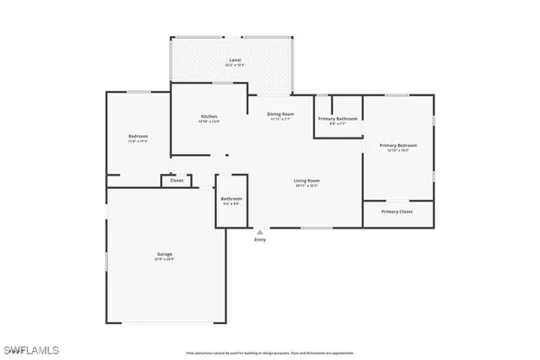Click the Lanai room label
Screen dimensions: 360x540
(234, 59)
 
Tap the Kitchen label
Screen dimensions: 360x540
(209, 117)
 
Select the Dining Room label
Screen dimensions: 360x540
(281, 113)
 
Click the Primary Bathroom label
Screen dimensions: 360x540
(338, 119)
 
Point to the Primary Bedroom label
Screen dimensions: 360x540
(398, 145)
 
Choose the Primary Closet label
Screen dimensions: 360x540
(397, 211)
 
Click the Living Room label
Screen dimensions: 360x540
(307, 181)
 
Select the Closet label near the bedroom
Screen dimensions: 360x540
(175, 181)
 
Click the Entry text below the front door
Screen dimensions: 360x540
(260, 239)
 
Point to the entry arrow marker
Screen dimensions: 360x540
(260, 231)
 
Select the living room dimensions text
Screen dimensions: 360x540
(307, 186)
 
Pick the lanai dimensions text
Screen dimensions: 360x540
(234, 65)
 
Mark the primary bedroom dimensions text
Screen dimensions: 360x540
(398, 150)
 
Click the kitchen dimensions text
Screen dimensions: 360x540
(209, 122)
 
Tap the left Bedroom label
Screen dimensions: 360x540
(138, 138)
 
